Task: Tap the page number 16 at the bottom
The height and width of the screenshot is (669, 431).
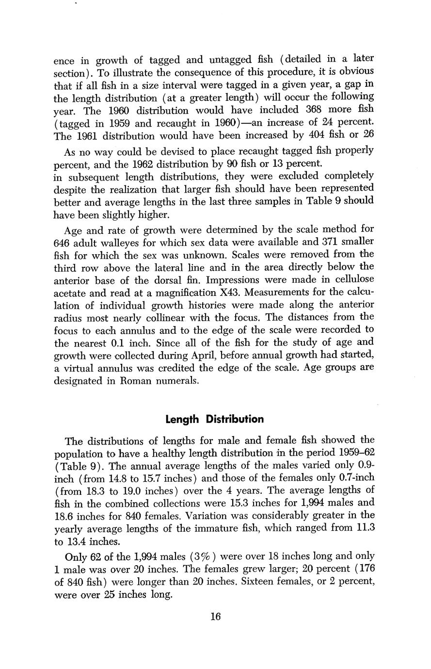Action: click(216, 617)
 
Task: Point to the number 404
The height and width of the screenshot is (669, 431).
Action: click(304, 135)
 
